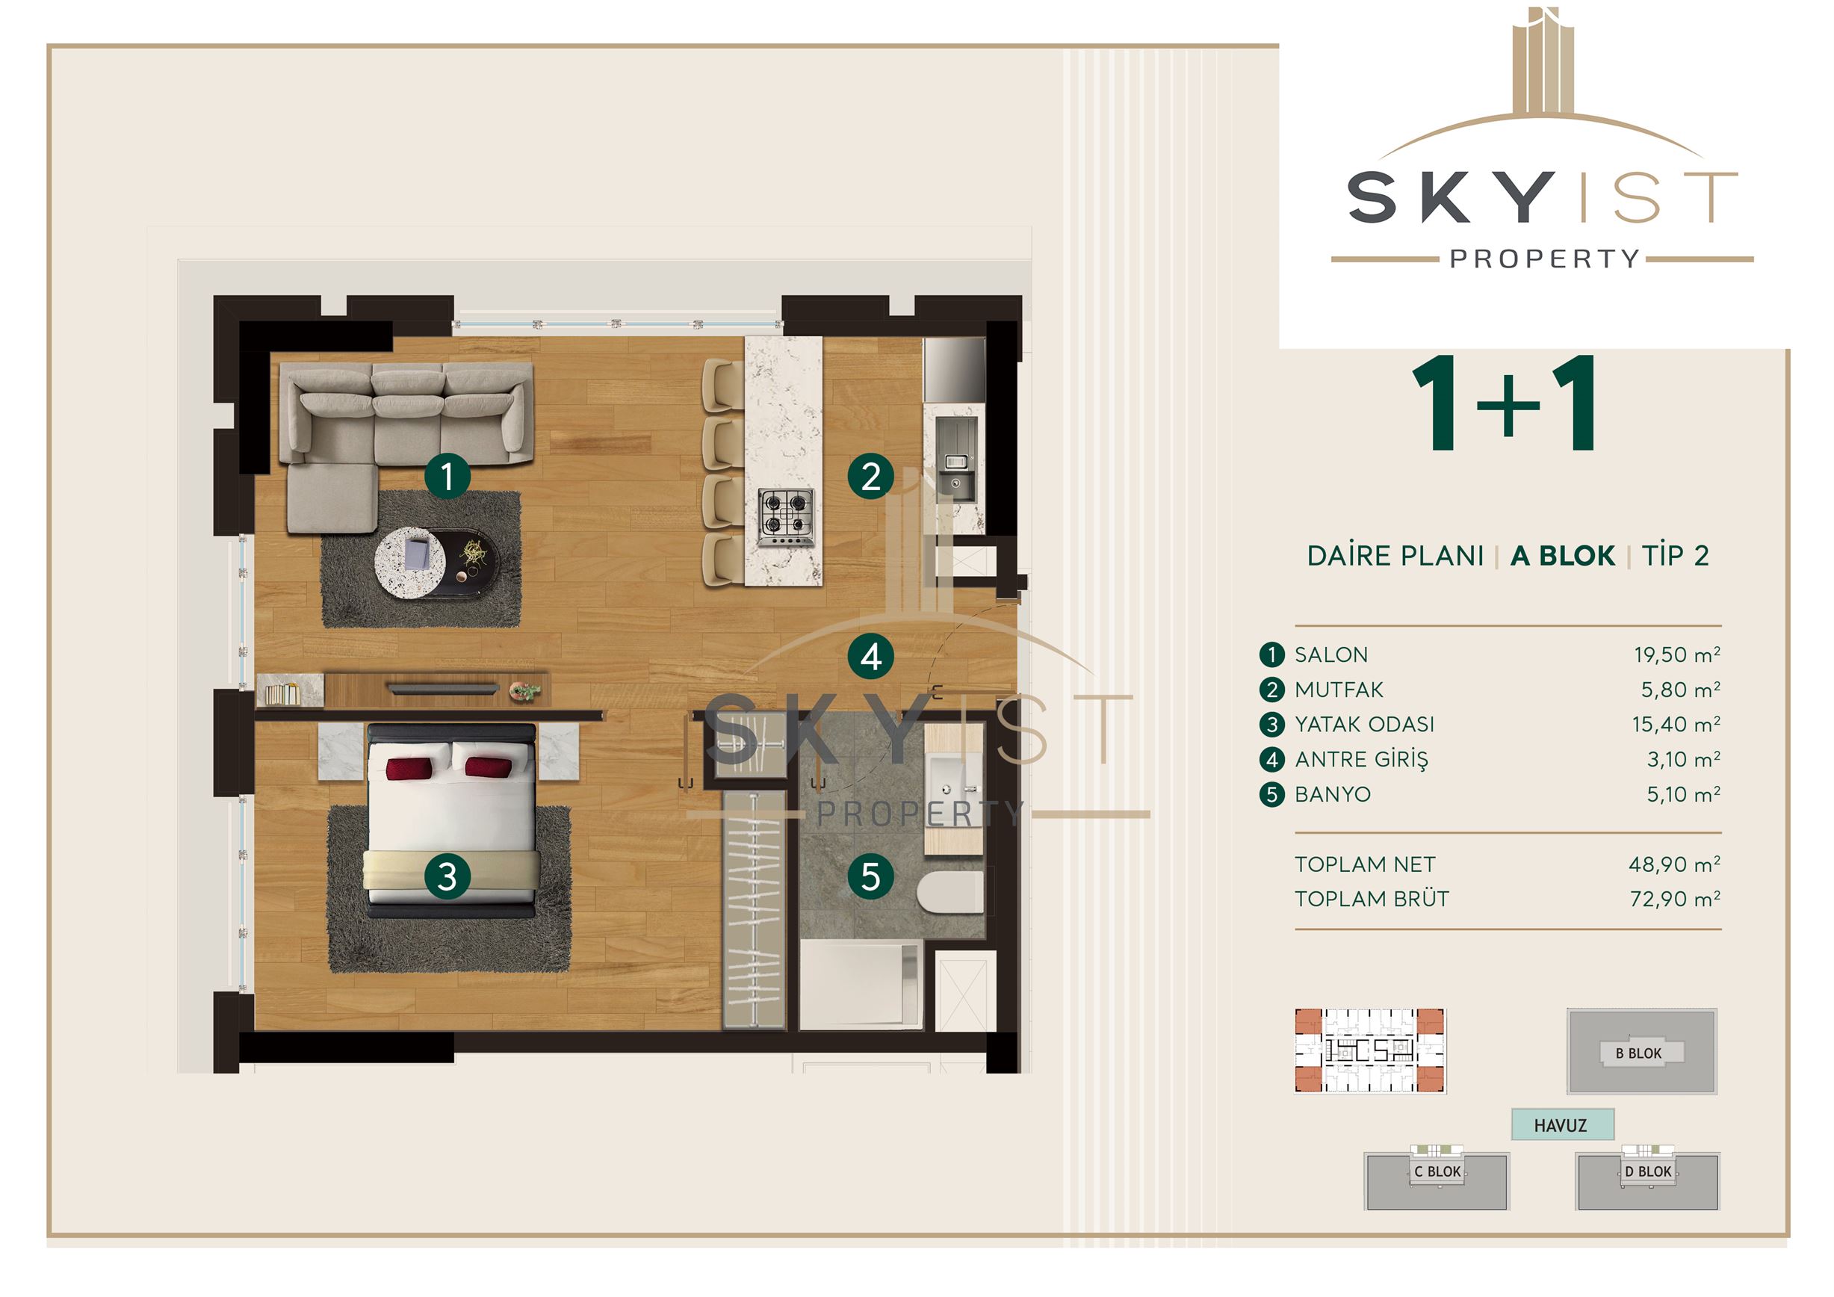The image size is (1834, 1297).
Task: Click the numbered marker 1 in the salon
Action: coord(447,476)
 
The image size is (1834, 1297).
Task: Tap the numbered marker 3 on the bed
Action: coord(447,876)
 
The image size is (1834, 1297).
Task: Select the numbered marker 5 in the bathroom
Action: coord(870,876)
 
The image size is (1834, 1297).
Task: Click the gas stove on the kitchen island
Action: coord(786,516)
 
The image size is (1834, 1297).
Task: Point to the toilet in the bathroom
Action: coord(950,891)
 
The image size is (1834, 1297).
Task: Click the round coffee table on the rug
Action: coord(410,561)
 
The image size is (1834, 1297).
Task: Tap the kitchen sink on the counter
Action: coord(955,459)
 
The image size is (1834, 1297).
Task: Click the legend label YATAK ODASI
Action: coord(1364,725)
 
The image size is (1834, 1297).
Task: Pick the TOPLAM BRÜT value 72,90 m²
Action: coord(1675,899)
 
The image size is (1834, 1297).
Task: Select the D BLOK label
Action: coord(1648,1171)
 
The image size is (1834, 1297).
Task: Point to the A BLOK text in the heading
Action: coord(1562,555)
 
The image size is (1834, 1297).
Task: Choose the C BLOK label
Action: coord(1437,1171)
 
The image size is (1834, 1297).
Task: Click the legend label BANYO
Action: coord(1333,794)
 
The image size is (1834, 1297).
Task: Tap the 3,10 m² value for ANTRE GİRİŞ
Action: coord(1683,759)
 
